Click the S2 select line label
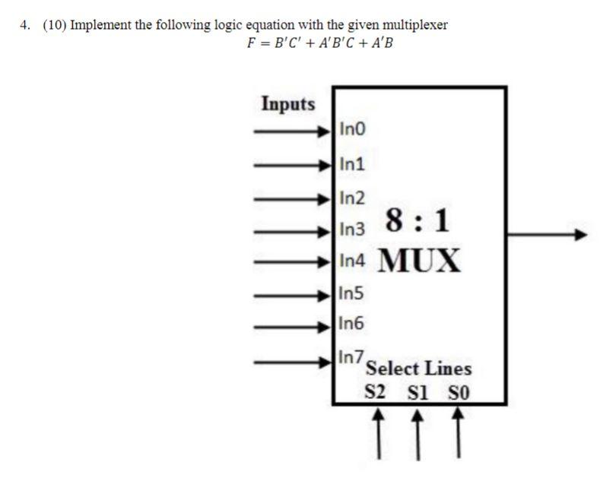(376, 393)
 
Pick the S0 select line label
(458, 393)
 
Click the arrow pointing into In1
(293, 164)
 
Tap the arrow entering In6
(293, 327)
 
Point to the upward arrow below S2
(377, 433)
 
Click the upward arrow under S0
(458, 433)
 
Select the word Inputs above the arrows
(288, 103)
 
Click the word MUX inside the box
(420, 261)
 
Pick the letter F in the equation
(252, 43)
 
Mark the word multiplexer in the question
(418, 25)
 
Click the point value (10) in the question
(53, 25)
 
